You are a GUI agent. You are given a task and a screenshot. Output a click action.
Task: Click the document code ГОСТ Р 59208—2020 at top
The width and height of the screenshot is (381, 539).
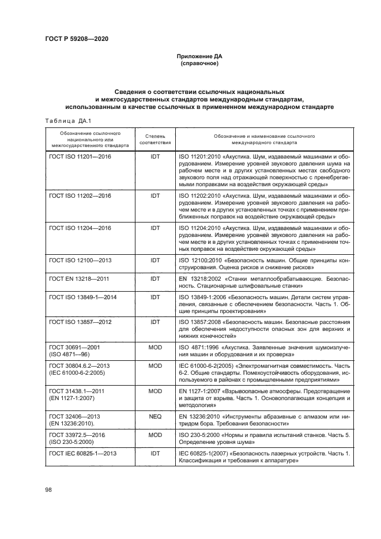tap(77, 39)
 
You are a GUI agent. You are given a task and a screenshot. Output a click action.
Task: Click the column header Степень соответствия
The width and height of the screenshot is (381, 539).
tap(155, 138)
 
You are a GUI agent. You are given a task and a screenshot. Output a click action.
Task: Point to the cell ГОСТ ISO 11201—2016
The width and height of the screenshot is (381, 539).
tap(80, 157)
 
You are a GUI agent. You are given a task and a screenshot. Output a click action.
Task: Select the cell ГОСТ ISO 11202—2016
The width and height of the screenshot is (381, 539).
tap(80, 196)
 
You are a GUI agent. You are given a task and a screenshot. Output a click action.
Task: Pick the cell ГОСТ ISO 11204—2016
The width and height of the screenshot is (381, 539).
tap(80, 228)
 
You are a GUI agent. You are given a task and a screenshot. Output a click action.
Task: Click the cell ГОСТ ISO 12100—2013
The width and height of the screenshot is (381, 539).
tap(80, 261)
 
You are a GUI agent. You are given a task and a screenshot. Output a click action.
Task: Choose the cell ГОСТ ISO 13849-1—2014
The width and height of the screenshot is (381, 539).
tap(83, 297)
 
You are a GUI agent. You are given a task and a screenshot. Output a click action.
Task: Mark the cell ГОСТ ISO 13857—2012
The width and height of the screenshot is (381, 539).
tap(80, 322)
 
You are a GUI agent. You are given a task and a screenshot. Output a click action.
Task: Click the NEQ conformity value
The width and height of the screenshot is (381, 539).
tap(155, 416)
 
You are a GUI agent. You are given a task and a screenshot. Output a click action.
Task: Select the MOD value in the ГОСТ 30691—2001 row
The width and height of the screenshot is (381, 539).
tap(155, 348)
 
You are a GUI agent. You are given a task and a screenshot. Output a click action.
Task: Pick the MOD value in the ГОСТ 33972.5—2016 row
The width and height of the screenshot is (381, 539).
tap(155, 434)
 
